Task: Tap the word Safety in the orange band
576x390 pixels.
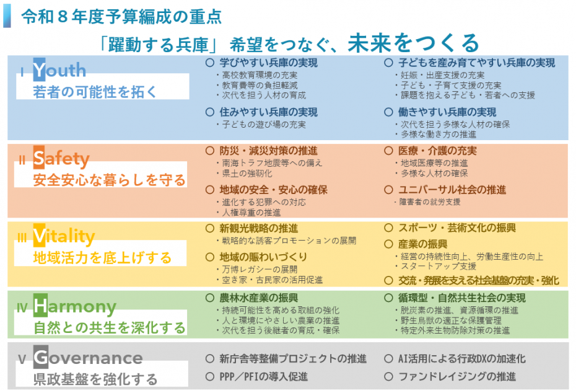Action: click(x=61, y=159)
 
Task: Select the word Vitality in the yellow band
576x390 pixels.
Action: click(x=64, y=236)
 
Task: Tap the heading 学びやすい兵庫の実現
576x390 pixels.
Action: click(x=269, y=63)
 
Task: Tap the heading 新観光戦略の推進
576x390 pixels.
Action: click(x=259, y=228)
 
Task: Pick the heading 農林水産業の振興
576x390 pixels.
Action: click(x=259, y=298)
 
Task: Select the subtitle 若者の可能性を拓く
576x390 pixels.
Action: click(x=95, y=92)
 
